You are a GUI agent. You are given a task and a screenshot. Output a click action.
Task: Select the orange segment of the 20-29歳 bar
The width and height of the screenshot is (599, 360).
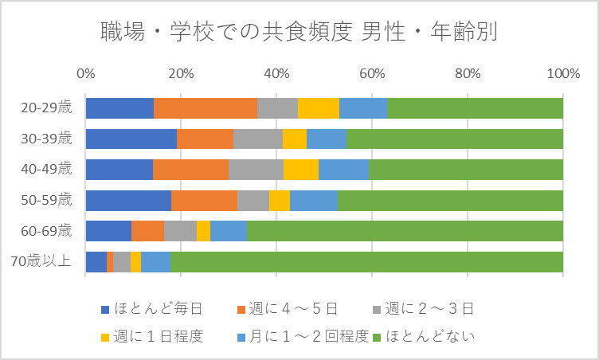point(206,108)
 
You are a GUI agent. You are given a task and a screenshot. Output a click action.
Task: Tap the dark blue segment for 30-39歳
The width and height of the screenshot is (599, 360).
point(131,139)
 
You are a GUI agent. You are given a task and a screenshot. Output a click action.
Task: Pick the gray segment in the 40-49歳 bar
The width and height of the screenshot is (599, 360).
point(256,170)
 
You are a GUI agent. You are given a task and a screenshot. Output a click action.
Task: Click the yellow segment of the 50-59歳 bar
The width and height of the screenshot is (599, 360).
point(279,201)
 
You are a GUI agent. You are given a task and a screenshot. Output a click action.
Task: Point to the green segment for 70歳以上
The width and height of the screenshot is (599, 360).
point(366,262)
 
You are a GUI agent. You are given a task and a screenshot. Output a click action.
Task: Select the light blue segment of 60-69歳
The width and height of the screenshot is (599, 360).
point(228,231)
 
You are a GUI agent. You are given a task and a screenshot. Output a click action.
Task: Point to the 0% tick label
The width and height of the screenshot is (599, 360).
point(85,74)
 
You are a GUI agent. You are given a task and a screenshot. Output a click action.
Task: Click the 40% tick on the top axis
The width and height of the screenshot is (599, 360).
point(276,74)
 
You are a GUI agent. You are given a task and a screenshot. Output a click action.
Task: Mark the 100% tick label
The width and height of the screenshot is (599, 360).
point(562,74)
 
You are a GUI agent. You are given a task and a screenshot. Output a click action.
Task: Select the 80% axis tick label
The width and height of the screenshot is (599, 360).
point(468,74)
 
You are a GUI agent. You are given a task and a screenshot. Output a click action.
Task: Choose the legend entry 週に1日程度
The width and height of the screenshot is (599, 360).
point(155,335)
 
